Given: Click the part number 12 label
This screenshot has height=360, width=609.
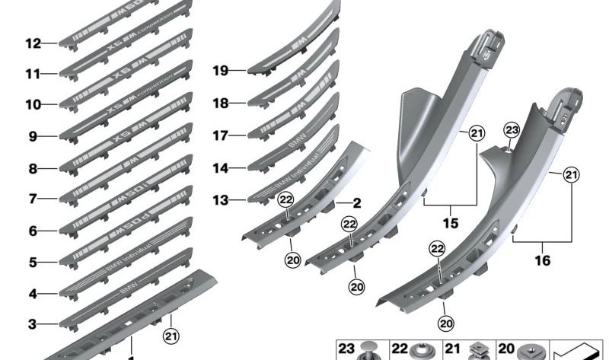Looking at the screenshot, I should click(x=32, y=44).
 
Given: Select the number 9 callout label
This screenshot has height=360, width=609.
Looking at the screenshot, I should click(x=32, y=137).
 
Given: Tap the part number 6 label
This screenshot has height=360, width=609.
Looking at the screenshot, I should click(x=32, y=230).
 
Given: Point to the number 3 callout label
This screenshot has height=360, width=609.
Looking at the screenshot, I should click(x=32, y=324).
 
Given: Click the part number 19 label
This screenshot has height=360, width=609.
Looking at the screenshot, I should click(x=220, y=71).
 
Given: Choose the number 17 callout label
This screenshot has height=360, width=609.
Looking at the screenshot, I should click(x=220, y=135).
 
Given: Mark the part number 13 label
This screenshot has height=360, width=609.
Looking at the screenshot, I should click(x=220, y=200).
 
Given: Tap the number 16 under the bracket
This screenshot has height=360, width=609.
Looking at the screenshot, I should click(x=541, y=260).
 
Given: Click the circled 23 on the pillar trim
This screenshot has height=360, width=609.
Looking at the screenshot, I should click(x=512, y=131).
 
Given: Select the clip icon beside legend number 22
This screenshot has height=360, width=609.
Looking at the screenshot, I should click(x=422, y=349).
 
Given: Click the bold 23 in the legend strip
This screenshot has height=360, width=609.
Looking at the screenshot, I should click(x=347, y=349).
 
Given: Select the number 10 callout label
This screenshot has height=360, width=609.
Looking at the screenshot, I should click(x=32, y=105).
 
